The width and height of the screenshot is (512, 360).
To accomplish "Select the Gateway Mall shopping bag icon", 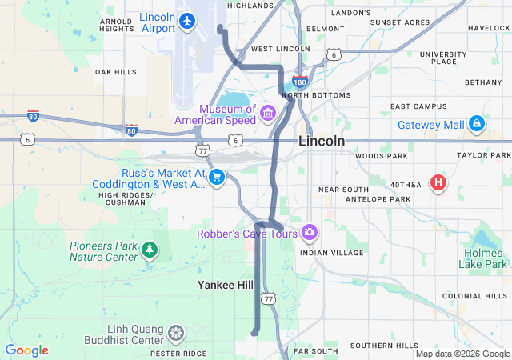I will [x=477, y=123].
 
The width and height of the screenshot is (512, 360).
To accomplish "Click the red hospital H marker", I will [x=438, y=182].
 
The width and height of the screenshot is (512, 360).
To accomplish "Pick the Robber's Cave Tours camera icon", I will [x=310, y=233].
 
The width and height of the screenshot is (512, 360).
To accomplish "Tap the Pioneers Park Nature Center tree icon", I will [x=149, y=251].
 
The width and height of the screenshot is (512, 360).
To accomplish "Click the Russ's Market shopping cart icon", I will [x=216, y=177].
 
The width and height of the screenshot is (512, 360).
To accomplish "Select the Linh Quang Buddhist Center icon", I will [x=176, y=332].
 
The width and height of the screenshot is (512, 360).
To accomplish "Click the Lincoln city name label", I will [x=322, y=141].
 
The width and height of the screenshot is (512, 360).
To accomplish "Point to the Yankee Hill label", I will [x=226, y=284].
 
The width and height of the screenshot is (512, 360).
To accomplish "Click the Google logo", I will [x=26, y=350].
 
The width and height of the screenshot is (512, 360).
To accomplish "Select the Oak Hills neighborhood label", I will [x=116, y=72].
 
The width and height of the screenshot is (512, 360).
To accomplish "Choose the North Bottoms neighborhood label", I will [x=316, y=95].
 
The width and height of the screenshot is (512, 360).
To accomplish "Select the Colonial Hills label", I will [x=474, y=296].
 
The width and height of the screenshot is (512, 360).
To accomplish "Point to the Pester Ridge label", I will [x=178, y=353].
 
